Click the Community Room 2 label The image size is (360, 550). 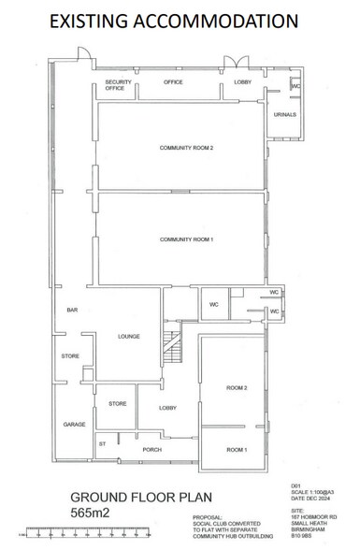coord(187,148)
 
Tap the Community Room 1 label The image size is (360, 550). coord(187,239)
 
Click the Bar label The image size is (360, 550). coord(71,310)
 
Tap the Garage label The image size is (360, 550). coord(74,424)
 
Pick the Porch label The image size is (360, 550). coord(152,450)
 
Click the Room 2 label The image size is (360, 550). coord(236,387)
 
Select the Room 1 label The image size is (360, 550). coord(236,450)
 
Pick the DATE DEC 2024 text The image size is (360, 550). coord(305,500)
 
